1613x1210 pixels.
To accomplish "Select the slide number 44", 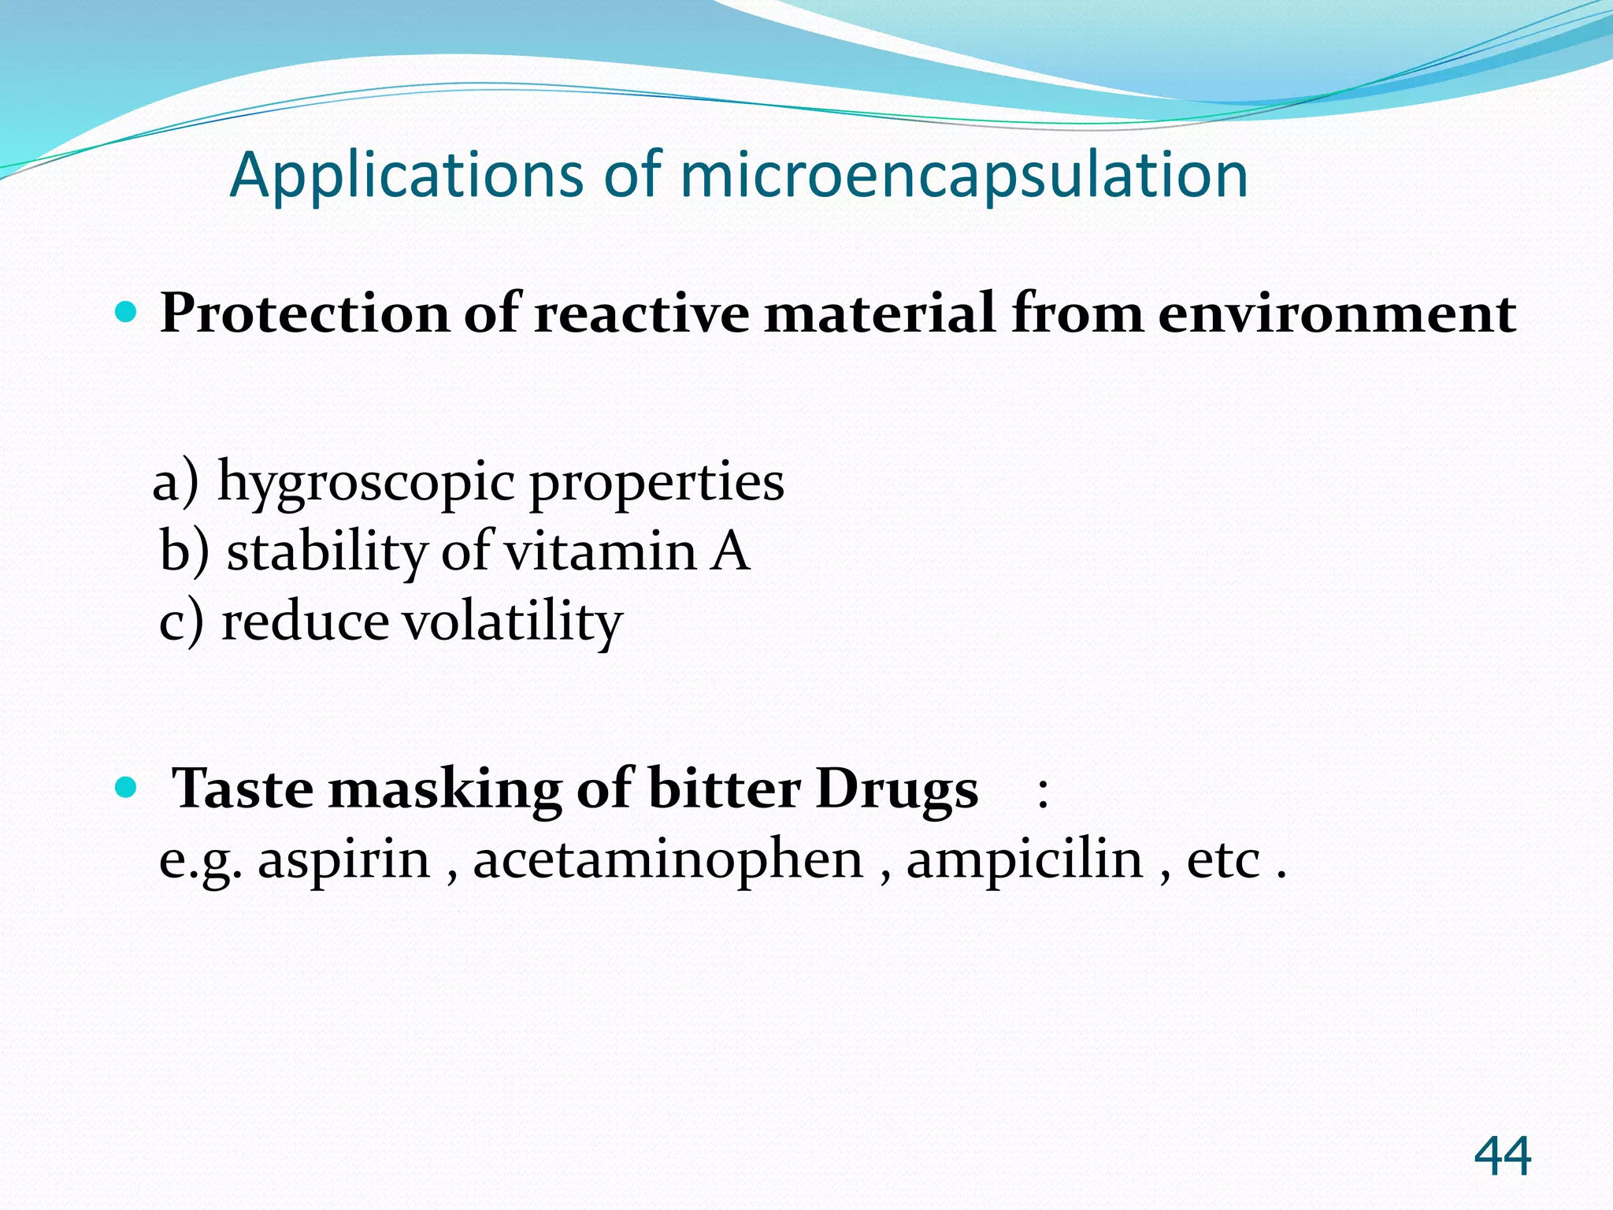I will (1502, 1156).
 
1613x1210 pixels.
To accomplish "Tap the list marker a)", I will (176, 482).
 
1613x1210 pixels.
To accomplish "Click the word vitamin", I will (600, 551).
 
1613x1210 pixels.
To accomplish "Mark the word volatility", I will (513, 622).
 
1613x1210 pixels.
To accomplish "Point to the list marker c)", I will (181, 622).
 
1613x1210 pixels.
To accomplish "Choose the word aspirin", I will (344, 860).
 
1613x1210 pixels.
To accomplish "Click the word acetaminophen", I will (668, 859).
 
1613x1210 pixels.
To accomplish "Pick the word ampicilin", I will (1024, 860).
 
